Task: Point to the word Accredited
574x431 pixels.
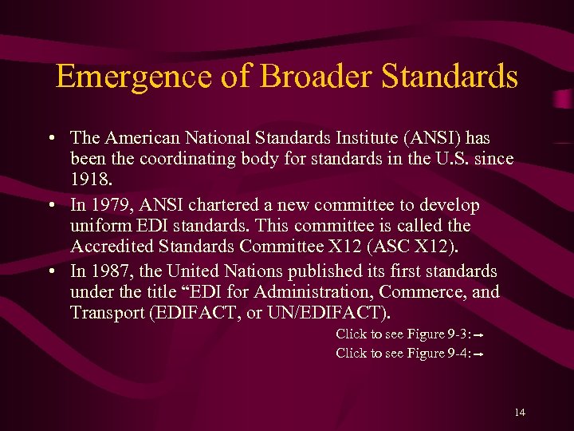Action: (109, 248)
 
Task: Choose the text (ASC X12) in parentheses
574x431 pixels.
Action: (383, 248)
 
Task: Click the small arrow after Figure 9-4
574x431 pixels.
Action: (481, 354)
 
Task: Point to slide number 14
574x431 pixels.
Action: (520, 412)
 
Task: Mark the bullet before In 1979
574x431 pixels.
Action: (51, 206)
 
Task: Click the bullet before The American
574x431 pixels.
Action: (51, 138)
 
